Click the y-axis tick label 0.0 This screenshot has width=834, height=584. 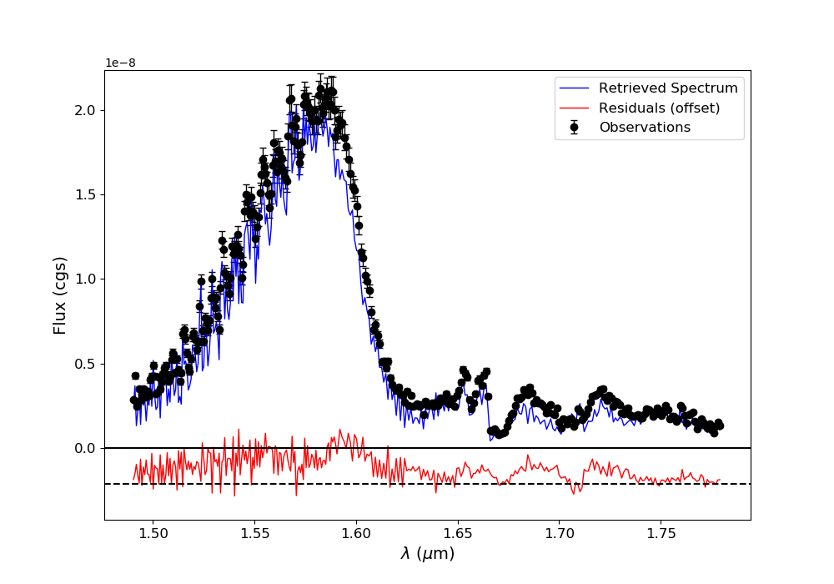pyautogui.click(x=85, y=448)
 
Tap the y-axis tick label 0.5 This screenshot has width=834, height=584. pyautogui.click(x=85, y=364)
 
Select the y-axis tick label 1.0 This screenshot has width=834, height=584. pyautogui.click(x=85, y=279)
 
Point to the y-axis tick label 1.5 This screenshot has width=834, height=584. pyautogui.click(x=85, y=194)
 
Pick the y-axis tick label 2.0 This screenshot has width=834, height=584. pyautogui.click(x=85, y=110)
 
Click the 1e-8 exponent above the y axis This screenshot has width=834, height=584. pyautogui.click(x=120, y=63)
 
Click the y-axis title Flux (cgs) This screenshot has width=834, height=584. pyautogui.click(x=60, y=295)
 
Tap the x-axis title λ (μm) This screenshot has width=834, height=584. pyautogui.click(x=427, y=554)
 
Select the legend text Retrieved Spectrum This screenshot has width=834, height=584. pyautogui.click(x=668, y=88)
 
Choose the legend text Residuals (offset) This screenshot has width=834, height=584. pyautogui.click(x=659, y=108)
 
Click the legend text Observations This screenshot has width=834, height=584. pyautogui.click(x=645, y=128)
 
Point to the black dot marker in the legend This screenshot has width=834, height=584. pyautogui.click(x=574, y=128)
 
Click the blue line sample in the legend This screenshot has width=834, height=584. pyautogui.click(x=574, y=88)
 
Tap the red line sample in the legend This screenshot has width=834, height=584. pyautogui.click(x=574, y=108)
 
